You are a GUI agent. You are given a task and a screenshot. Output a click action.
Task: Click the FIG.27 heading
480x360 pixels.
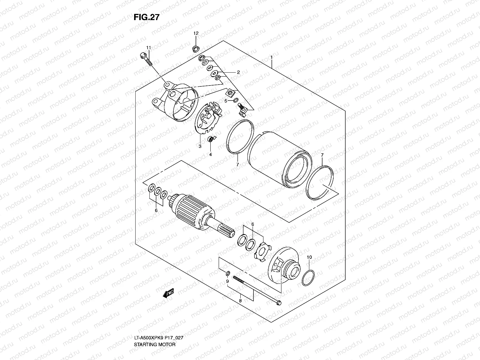coord(146,17)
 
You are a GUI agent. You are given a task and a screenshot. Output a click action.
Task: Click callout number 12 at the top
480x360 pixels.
coord(196,33)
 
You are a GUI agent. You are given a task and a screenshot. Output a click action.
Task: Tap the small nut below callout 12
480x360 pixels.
coord(196,48)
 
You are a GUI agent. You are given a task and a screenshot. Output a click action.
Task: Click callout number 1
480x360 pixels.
coord(271,57)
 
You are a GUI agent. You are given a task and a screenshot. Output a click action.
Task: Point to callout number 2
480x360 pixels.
coord(238,72)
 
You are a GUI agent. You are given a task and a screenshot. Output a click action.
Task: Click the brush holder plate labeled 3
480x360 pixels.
coord(207,120)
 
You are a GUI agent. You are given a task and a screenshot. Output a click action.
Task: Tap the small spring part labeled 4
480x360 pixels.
coord(212,139)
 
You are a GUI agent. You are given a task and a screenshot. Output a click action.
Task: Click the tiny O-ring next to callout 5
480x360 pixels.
coord(235,100)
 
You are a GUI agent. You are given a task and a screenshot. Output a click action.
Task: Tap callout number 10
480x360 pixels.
coord(310,257)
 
